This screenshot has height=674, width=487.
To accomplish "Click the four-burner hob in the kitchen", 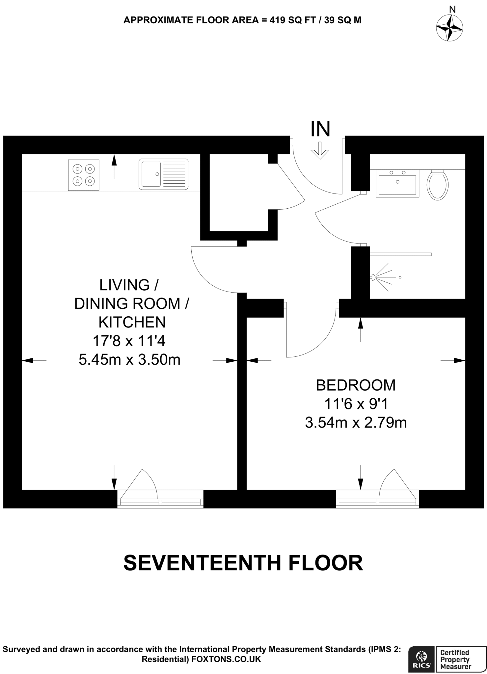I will tap(83, 175).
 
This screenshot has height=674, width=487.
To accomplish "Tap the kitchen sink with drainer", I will tap(163, 174).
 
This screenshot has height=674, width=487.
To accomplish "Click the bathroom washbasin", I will tap(397, 183).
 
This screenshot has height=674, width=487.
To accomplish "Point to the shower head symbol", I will tap(374, 277).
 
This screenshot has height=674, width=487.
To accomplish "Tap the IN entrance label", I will tap(320, 129).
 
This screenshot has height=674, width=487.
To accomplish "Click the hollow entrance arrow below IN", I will tap(320, 151).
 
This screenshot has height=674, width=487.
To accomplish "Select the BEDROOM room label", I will tap(356, 385).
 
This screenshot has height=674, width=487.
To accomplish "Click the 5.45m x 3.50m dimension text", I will tap(129, 359).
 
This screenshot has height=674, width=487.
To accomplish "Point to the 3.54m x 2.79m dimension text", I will tap(356, 423).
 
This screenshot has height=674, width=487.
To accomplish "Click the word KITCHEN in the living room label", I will tap(132, 322).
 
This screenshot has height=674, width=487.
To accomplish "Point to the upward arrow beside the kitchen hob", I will tap(114, 166).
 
